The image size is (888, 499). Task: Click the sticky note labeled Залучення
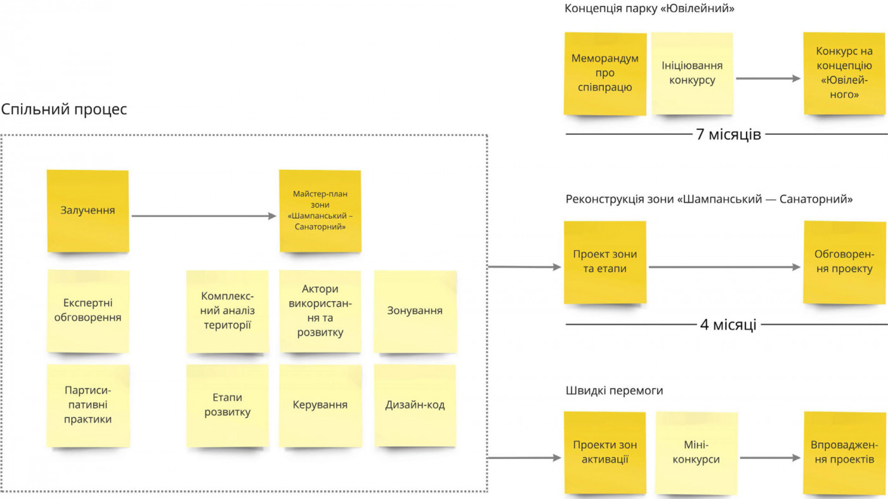[x=88, y=211]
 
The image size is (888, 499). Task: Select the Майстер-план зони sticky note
[x=320, y=211]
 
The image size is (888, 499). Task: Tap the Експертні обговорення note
[x=88, y=311]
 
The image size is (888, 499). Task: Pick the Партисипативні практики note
[x=88, y=405]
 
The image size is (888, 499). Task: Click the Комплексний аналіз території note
[x=227, y=311]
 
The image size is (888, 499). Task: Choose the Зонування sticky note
[x=415, y=311]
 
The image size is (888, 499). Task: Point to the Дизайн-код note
[x=415, y=405]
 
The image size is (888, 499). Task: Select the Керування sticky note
[x=320, y=405]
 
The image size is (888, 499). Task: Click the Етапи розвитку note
[x=227, y=405]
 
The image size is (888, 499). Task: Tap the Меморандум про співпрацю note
[x=605, y=74]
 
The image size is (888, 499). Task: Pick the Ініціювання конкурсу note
[x=692, y=74]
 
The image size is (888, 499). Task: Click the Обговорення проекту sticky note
[x=844, y=262]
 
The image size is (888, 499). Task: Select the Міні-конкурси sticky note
[x=696, y=453]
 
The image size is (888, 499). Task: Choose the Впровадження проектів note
[x=844, y=453]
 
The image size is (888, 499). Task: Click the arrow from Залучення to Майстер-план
[x=204, y=216]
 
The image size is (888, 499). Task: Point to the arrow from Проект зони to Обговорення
[x=724, y=268]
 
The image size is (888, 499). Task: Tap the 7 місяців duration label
[x=728, y=134]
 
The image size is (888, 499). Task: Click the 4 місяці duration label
[x=728, y=325]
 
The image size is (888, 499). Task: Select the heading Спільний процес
[x=64, y=109]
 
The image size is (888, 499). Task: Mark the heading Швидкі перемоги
[x=614, y=391]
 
